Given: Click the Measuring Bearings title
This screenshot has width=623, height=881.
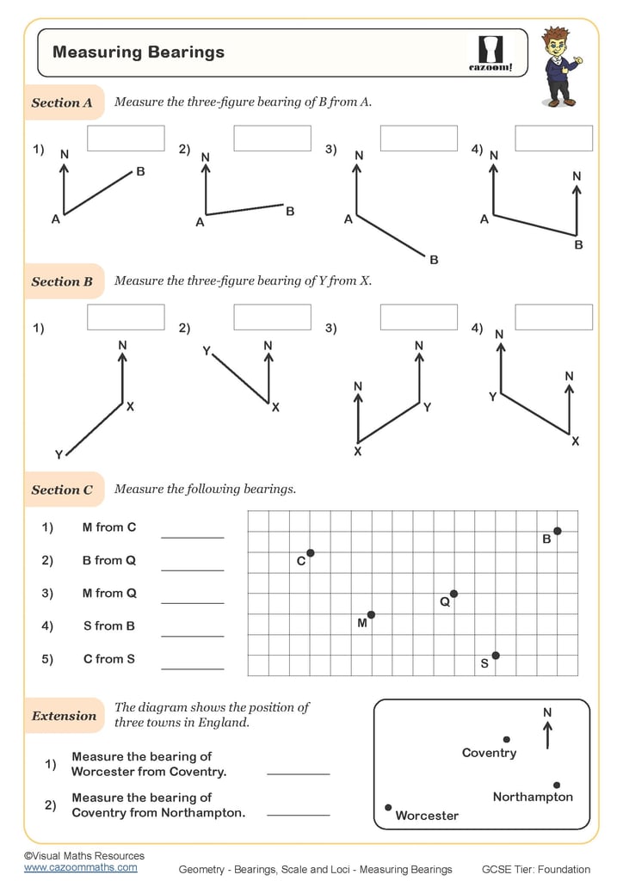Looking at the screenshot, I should [139, 52].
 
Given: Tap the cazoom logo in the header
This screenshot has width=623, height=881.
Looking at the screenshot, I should [490, 53].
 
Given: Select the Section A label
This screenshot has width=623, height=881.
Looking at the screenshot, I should [62, 102].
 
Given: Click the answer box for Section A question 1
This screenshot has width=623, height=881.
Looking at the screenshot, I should [126, 139].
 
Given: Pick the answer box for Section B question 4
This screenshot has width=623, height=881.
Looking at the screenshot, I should [553, 317].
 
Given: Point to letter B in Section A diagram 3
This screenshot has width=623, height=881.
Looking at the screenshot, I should [434, 260].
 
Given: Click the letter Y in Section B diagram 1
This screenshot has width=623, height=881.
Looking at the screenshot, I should [59, 454].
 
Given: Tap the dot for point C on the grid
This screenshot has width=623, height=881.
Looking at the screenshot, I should [310, 552].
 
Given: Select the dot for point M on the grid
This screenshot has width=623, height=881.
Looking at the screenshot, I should [371, 614].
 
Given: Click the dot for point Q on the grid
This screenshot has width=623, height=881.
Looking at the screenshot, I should [453, 594].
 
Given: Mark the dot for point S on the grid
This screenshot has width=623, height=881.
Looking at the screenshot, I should [496, 656].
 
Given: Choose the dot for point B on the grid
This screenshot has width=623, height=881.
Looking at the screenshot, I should [558, 531].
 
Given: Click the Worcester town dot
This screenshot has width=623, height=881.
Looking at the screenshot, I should [388, 807].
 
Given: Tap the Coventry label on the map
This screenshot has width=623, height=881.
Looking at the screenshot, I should [489, 754].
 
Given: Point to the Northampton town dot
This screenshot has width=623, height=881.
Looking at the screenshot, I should [557, 785].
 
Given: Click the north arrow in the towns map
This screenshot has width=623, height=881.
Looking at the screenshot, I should [547, 733].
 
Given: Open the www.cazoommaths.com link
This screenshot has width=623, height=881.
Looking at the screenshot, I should [80, 867].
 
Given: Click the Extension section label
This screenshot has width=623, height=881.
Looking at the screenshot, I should [64, 716].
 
